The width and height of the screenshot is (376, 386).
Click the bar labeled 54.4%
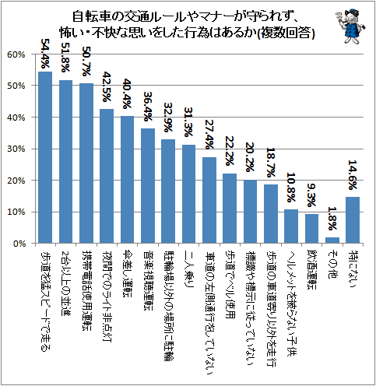(45, 157)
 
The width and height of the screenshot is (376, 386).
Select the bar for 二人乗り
(188, 194)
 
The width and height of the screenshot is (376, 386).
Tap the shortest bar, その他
(332, 240)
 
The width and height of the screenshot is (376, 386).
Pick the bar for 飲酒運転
(311, 229)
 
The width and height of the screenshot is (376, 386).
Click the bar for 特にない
(353, 220)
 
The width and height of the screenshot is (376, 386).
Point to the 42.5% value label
(107, 86)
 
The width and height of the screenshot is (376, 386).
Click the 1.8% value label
(332, 219)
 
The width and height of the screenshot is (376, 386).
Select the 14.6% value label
(353, 174)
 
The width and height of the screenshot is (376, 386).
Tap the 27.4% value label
(209, 134)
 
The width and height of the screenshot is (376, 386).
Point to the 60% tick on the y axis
(16, 54)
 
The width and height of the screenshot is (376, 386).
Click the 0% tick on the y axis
(19, 244)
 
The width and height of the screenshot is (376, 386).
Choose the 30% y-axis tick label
(16, 149)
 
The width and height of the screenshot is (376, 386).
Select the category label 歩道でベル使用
(230, 285)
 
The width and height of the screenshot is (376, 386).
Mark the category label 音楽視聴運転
(148, 280)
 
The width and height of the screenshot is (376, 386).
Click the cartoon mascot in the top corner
(350, 26)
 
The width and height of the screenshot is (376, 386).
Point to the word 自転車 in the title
(90, 16)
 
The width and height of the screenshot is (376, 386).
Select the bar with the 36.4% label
(148, 186)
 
